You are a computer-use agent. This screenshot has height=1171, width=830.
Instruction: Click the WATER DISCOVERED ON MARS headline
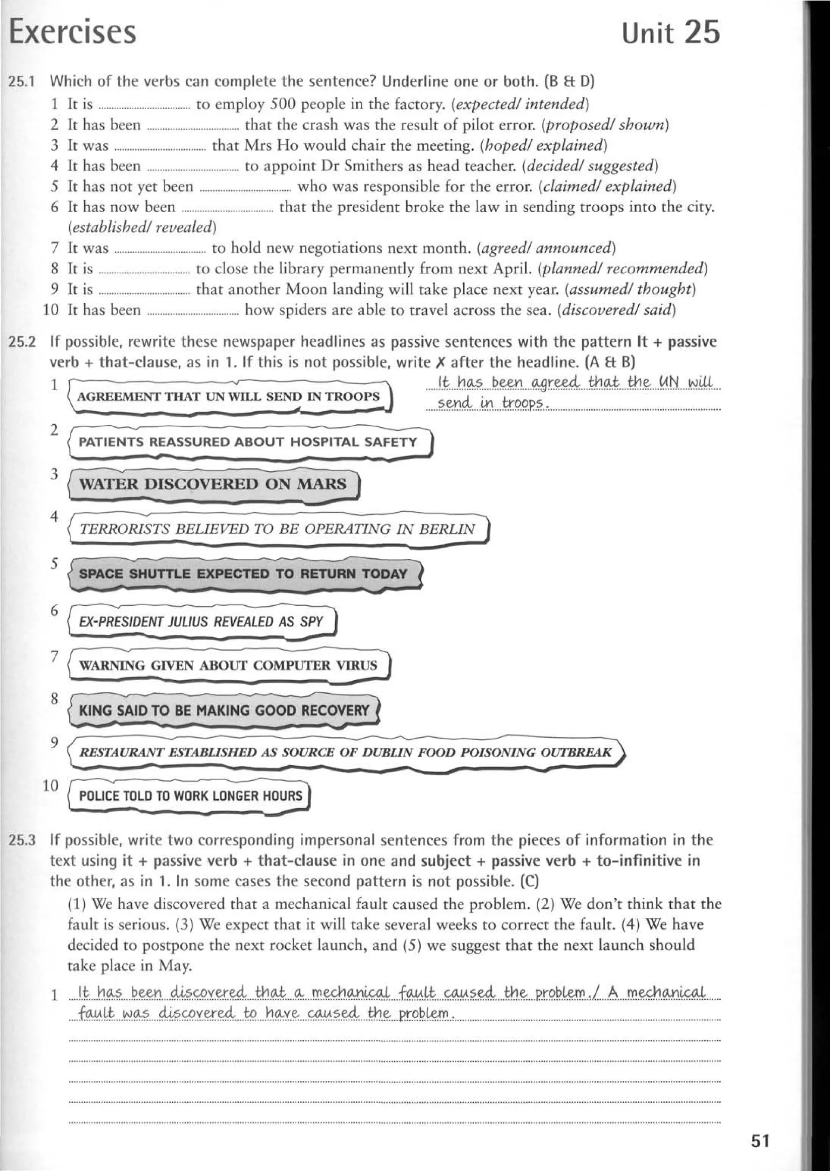pos(213,484)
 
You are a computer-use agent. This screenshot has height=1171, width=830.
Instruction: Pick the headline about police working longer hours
pos(190,796)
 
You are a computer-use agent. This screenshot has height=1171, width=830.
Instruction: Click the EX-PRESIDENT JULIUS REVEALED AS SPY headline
pos(201,622)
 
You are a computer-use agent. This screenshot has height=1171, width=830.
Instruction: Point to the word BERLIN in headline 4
pos(447,529)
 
